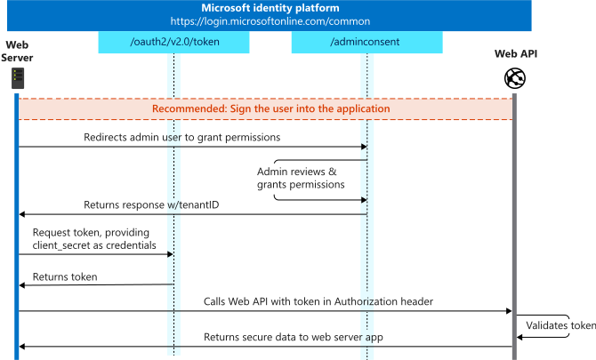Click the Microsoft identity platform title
point(270,8)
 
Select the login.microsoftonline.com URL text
point(270,21)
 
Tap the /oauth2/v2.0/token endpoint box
point(173,42)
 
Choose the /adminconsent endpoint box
point(366,42)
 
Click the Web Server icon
point(18,78)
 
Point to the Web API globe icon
point(515,78)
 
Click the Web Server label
point(17,52)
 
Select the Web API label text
point(516,54)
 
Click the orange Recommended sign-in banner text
point(271,108)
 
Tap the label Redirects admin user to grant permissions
point(182,137)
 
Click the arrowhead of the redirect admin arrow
point(364,147)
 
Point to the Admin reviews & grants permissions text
point(301,178)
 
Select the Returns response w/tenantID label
point(151,205)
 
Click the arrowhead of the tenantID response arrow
point(22,214)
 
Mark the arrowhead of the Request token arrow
point(170,254)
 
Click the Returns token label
point(65,276)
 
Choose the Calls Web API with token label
point(318,301)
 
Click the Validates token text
point(561,325)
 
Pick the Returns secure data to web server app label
point(294,337)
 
